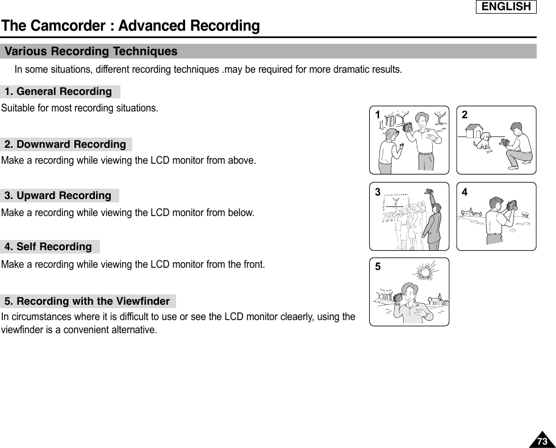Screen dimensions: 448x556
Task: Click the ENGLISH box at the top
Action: point(507,7)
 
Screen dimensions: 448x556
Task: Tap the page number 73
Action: point(542,441)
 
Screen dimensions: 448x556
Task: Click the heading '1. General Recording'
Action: point(58,92)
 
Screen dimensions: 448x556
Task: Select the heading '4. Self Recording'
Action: point(48,247)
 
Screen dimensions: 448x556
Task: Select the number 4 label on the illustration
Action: point(465,192)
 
